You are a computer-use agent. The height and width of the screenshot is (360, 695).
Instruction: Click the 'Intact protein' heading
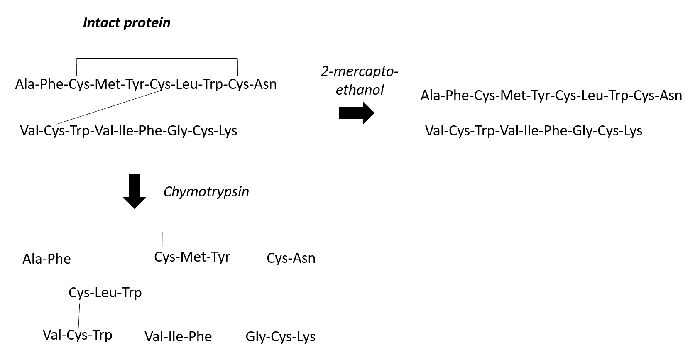click(x=127, y=22)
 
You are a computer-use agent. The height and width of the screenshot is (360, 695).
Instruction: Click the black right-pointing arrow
click(x=356, y=113)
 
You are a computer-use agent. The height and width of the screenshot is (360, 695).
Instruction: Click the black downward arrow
click(x=135, y=191)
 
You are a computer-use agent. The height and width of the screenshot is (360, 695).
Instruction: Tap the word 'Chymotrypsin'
click(x=206, y=191)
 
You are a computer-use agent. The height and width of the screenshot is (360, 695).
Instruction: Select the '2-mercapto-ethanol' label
click(x=360, y=81)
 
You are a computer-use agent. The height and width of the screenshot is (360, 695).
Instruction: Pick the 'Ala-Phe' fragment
click(x=46, y=259)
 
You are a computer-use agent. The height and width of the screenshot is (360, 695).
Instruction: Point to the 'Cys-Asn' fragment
click(x=291, y=258)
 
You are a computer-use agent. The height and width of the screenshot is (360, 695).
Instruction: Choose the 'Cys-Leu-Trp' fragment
click(x=105, y=293)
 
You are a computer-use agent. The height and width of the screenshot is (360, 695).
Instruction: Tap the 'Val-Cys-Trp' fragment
click(x=78, y=335)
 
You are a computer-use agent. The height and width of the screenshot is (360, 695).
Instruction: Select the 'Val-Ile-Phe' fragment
click(x=178, y=336)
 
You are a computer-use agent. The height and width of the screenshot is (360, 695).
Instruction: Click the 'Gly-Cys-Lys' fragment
click(x=280, y=336)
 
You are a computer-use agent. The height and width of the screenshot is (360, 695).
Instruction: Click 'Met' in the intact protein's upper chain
click(x=107, y=84)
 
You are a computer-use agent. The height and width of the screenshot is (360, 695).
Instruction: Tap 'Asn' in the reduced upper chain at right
click(x=670, y=96)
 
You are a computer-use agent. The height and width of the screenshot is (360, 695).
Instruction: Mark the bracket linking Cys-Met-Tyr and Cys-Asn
click(x=218, y=232)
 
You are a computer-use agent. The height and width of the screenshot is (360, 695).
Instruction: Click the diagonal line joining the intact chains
click(x=108, y=108)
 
